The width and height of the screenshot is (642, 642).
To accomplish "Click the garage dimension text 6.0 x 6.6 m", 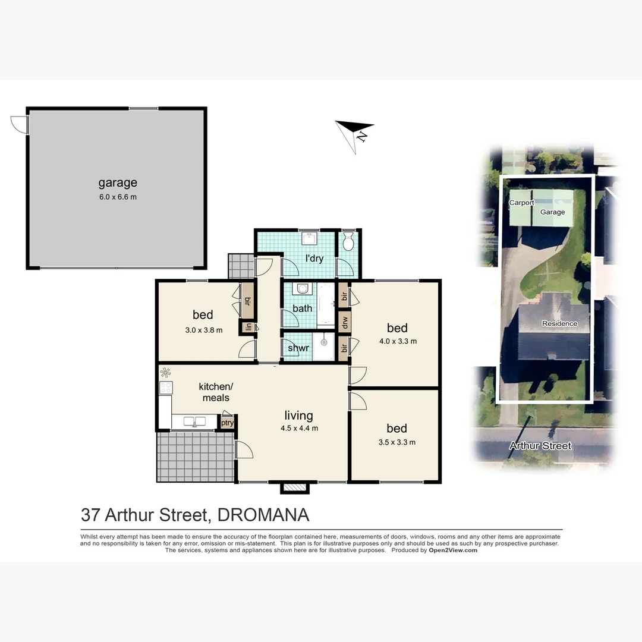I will tap(118, 197).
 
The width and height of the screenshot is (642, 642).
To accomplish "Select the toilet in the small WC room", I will tap(349, 242).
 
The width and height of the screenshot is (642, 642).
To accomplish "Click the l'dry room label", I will tap(314, 259).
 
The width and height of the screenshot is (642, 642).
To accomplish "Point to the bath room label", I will tap(302, 309).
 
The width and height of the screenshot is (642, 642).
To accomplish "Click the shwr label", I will tap(297, 348).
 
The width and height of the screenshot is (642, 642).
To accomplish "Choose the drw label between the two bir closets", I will tap(344, 322).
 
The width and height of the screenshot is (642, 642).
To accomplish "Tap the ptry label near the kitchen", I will tap(227, 423).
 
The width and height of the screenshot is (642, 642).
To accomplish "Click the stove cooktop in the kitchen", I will tap(166, 388).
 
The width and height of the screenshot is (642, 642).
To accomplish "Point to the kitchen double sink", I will tap(194, 421).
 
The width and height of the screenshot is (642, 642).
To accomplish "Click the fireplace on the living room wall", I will tap(295, 487).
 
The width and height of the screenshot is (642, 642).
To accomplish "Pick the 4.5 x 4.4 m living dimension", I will tap(298, 428).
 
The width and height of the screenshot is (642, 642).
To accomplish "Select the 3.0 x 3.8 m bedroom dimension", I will tap(203, 330).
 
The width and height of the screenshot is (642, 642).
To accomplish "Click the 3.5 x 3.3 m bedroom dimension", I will tap(396, 442).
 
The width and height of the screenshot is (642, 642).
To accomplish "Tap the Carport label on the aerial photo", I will tap(521, 203).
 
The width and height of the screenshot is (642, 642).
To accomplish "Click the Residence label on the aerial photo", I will tap(559, 323).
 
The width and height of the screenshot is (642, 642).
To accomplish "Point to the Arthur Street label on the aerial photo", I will tap(540, 446).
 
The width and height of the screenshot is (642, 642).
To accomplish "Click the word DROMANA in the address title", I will tap(263, 514).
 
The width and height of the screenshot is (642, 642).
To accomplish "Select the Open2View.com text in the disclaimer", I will tap(453, 550).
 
